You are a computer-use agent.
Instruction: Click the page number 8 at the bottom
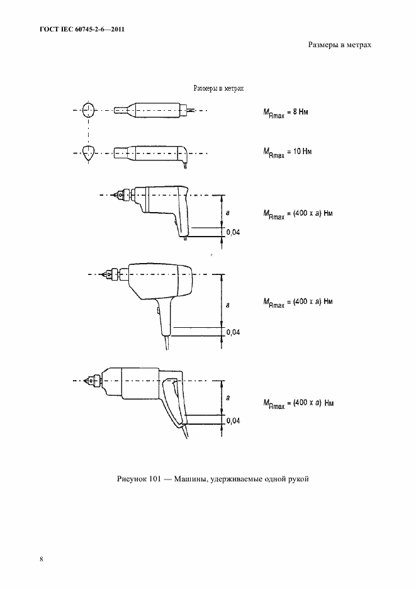pos(42,559)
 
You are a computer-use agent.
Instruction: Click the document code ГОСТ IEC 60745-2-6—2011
pos(82,29)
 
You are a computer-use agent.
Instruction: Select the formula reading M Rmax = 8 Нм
pos(286,113)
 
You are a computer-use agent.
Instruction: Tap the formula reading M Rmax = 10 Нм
pos(288,152)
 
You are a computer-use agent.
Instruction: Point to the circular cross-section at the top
pos(89,109)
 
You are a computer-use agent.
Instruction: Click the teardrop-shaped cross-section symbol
pos(89,153)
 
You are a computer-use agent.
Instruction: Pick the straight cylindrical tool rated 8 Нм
pos(154,110)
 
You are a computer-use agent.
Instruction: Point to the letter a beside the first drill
pos(228,213)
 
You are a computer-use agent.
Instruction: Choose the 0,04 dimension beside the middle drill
pos(233,332)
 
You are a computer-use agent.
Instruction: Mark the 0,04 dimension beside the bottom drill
pos(233,421)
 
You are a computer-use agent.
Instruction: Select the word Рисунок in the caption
pos(129,479)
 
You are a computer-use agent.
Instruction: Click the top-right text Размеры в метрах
pos(340,45)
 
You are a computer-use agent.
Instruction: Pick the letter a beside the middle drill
pos(228,305)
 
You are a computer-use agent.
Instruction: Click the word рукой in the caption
pos(300,480)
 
